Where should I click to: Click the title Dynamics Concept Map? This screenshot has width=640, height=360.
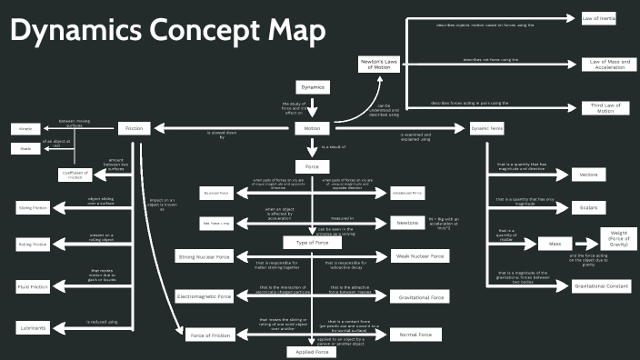click(167, 32)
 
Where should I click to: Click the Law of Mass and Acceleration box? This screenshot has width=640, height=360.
click(605, 64)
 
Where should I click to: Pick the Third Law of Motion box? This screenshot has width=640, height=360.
click(605, 108)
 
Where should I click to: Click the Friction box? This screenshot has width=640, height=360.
click(135, 128)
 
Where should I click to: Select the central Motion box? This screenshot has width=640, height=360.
click(312, 128)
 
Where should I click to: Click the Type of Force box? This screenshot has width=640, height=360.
click(312, 243)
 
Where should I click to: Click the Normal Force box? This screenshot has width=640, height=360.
click(415, 335)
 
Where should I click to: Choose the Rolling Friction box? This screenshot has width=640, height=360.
click(31, 244)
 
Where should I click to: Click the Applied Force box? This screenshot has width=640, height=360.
click(312, 351)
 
